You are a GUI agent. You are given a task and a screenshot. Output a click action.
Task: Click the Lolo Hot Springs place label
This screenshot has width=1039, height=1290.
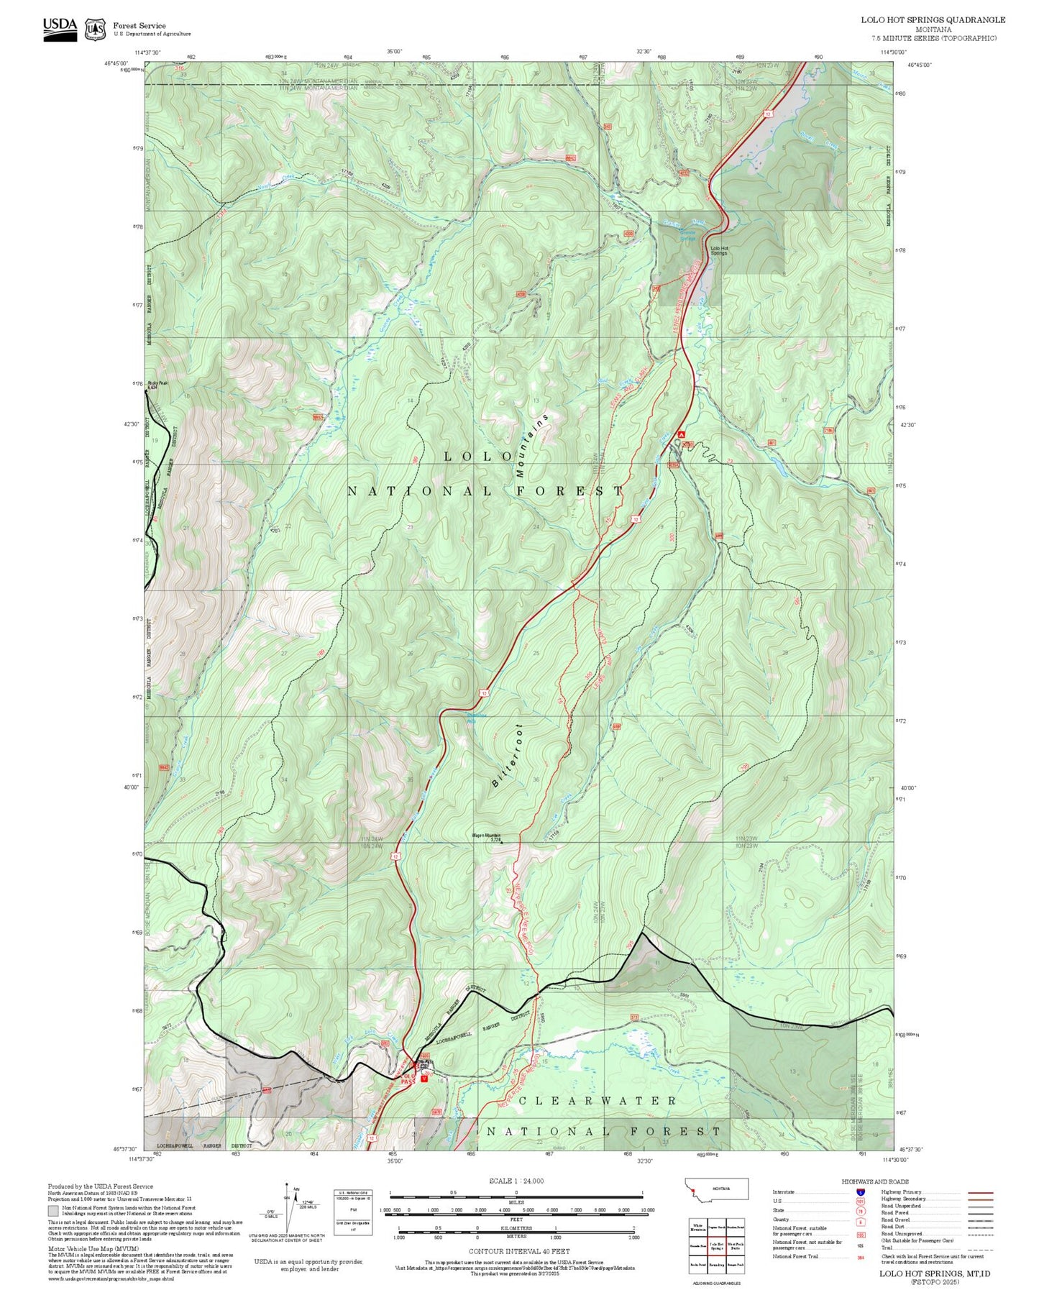click(719, 251)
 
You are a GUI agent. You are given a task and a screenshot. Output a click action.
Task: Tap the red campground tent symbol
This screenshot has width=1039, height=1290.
click(681, 434)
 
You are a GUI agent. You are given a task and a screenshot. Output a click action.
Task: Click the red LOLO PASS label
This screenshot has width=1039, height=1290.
click(408, 1079)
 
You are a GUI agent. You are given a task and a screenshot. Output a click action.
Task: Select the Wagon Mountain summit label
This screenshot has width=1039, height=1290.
click(486, 837)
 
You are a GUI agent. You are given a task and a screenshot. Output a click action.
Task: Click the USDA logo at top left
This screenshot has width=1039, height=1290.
click(60, 28)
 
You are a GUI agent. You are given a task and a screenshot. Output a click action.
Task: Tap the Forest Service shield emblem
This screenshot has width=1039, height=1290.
click(95, 29)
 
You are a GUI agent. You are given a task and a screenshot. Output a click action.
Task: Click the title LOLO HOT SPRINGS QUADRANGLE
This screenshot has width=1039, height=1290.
click(933, 20)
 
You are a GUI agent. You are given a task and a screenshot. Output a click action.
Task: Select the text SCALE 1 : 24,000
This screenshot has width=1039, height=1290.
click(516, 1181)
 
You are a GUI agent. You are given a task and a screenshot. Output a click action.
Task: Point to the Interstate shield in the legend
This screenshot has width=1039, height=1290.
click(860, 1192)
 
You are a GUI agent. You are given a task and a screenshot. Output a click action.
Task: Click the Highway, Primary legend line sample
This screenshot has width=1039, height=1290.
click(980, 1192)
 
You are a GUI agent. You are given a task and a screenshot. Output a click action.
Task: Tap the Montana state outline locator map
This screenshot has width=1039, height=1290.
click(717, 1188)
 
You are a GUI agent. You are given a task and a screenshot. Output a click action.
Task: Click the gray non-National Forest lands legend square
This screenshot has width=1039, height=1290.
click(53, 1211)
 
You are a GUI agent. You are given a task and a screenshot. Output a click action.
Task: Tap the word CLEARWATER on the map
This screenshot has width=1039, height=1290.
click(597, 1101)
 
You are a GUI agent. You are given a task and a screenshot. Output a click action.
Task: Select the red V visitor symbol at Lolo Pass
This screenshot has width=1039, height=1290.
click(424, 1076)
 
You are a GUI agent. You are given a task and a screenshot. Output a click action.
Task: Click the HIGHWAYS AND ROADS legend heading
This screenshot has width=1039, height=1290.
click(875, 1181)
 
